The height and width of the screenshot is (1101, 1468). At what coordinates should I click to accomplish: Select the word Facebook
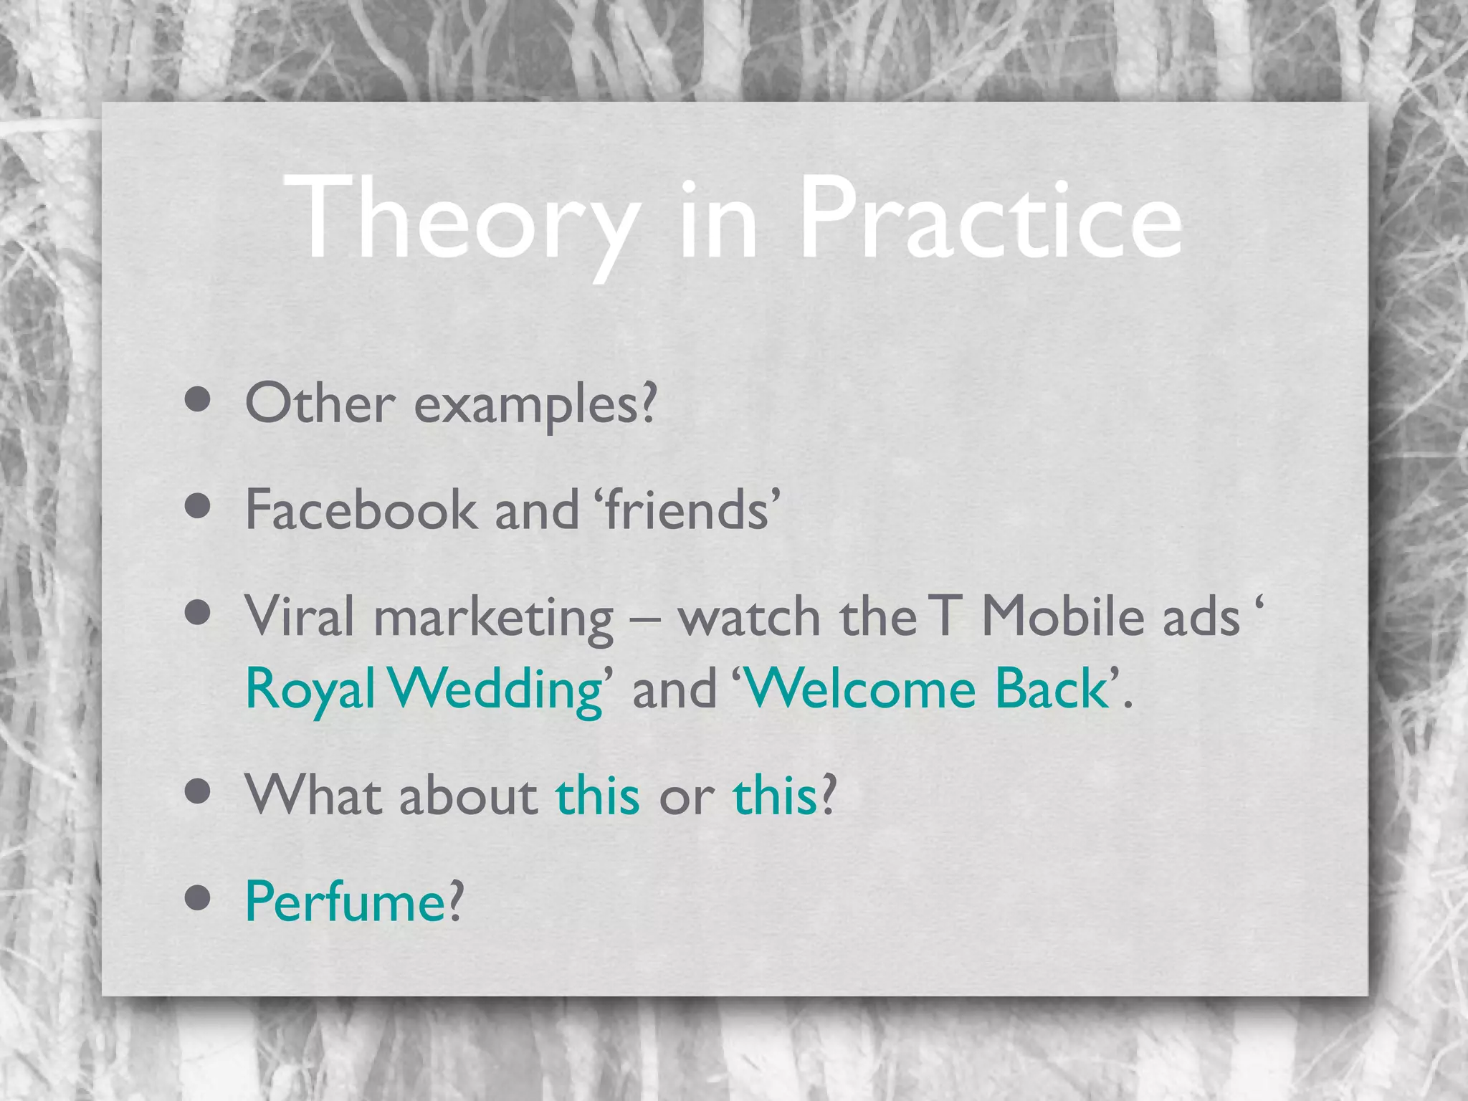click(x=361, y=510)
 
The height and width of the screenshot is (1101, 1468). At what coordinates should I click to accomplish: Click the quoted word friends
click(x=687, y=510)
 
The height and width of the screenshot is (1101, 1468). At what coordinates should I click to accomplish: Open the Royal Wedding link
click(x=424, y=688)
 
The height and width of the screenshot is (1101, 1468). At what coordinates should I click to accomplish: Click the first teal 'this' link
click(x=597, y=796)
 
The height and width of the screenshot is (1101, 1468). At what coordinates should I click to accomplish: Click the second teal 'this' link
click(x=774, y=796)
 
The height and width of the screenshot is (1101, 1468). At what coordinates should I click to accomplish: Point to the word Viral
click(x=299, y=616)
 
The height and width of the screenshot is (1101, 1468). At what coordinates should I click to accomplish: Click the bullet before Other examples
click(x=197, y=400)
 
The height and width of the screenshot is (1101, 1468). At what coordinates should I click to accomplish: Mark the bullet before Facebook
click(x=197, y=506)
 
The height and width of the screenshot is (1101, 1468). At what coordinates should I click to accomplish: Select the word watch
click(x=749, y=616)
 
